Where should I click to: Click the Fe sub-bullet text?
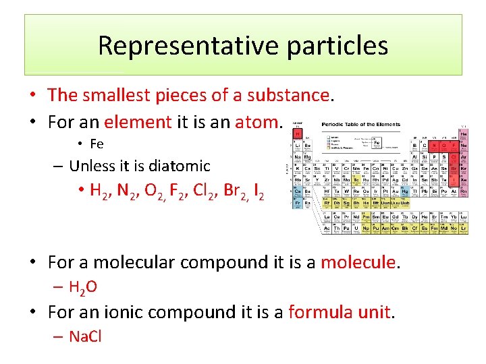click(x=97, y=144)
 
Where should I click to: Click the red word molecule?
click(x=358, y=261)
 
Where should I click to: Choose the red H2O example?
click(x=83, y=287)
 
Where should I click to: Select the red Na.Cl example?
click(x=85, y=336)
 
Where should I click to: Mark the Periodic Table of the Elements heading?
click(x=361, y=125)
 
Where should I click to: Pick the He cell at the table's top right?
click(x=463, y=134)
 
